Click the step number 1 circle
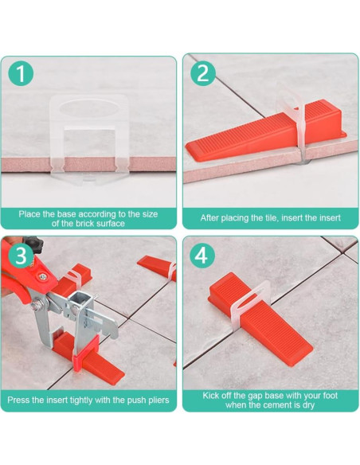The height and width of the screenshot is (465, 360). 21,73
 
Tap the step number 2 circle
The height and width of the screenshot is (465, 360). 203,73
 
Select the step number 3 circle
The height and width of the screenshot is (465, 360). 21,256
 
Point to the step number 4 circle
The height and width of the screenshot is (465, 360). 202,256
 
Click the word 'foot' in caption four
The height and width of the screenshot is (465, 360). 329,396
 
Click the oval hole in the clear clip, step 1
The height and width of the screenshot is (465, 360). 88,108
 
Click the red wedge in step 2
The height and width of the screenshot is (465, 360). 265,131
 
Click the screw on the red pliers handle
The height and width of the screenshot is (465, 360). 43,277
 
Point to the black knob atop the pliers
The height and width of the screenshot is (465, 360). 33,244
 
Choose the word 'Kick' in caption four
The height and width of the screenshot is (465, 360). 212,396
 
